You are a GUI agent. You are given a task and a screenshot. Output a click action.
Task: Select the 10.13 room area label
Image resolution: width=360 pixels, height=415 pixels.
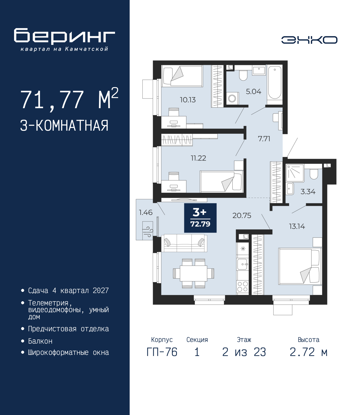coord(188,100)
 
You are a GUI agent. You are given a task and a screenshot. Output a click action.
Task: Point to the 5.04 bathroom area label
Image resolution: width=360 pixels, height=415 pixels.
coord(253,92)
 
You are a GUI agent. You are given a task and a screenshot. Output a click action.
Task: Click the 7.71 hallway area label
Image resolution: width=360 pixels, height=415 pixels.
coord(264,139)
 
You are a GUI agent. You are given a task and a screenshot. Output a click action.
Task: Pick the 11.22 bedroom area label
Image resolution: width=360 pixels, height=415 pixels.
coord(198,158)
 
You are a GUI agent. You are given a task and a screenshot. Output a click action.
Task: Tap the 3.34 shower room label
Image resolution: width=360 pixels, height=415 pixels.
coord(308,192)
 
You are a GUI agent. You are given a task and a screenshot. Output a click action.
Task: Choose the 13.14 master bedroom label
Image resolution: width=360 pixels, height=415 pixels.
coord(297,226)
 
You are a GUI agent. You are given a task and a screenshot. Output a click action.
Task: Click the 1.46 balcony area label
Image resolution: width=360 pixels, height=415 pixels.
coord(146,212)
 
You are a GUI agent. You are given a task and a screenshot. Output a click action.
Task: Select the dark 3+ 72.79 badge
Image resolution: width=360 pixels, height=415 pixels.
coord(200,218)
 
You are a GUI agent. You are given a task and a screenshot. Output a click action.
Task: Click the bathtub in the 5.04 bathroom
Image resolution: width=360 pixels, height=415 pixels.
coord(274,83)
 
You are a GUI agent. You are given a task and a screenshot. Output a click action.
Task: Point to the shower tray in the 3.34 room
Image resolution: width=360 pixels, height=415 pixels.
coord(295,173)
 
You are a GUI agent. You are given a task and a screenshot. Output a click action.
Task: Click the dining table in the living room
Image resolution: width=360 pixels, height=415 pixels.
coord(193,273)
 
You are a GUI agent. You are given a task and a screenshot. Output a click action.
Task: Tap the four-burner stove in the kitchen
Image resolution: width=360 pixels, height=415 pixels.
coord(242,287)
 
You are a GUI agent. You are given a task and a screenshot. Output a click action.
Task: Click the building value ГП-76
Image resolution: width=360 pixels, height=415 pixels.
coord(162,352)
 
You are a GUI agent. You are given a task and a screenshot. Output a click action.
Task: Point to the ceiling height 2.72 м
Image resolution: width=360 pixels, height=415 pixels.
coord(309,352)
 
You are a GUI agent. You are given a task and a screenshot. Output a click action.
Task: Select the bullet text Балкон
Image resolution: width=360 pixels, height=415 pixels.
coord(40,341)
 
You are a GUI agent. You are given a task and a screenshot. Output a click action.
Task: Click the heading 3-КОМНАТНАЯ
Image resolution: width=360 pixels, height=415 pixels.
coord(64,126)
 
